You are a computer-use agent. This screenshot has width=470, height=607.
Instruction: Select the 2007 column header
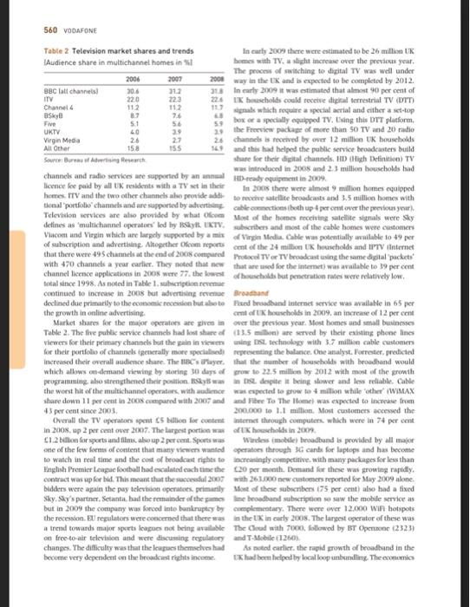point(173,76)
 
